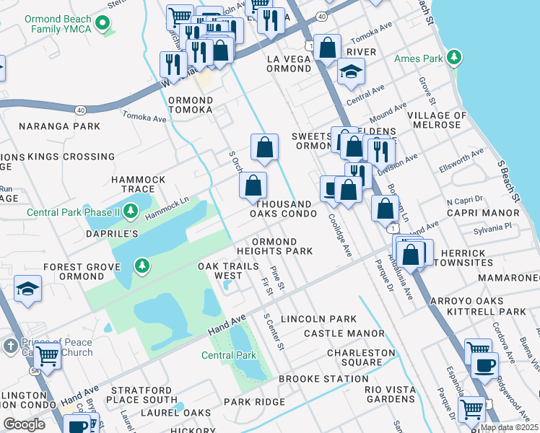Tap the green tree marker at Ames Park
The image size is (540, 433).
point(453,57)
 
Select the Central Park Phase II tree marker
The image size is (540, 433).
point(131,211)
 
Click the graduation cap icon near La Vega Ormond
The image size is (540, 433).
point(352,72)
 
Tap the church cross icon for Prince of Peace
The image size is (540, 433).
point(9,346)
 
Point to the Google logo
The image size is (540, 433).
point(24,424)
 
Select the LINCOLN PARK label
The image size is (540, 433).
point(318,319)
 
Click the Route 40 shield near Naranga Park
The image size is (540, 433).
point(80,110)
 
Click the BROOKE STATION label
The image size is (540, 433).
point(323,379)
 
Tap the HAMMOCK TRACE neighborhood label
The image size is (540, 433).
point(138,184)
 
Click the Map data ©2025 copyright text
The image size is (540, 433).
point(508,427)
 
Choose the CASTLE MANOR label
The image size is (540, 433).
point(344,333)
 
